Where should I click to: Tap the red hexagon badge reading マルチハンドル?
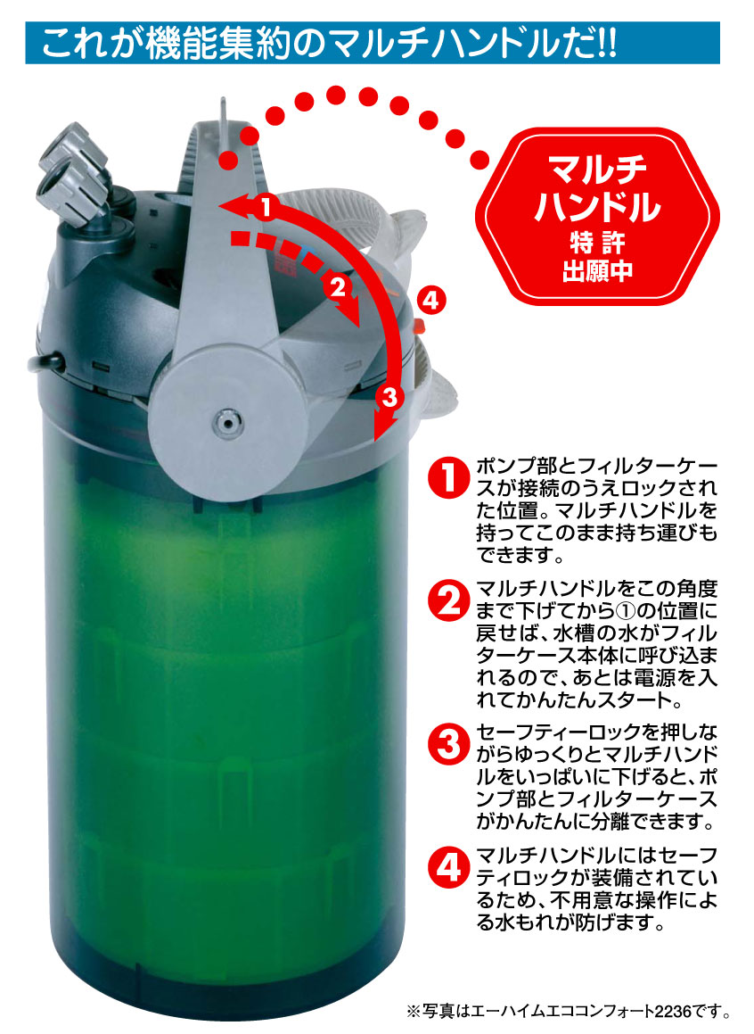(x=597, y=216)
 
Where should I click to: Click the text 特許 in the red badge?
(x=597, y=243)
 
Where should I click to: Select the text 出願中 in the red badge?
(x=597, y=271)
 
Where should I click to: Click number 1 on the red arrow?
(x=266, y=207)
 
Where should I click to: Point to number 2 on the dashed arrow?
(x=338, y=287)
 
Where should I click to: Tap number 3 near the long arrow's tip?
(x=389, y=397)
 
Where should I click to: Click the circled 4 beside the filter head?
(x=430, y=301)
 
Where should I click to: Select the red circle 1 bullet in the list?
(x=447, y=476)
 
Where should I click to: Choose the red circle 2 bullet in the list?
(x=447, y=600)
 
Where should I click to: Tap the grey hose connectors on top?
(x=73, y=173)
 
